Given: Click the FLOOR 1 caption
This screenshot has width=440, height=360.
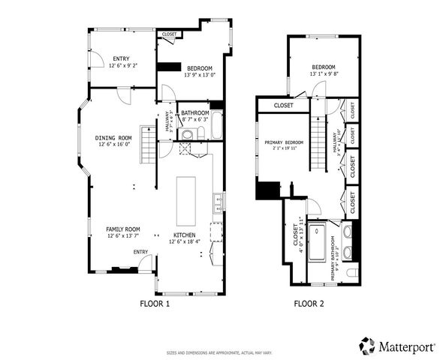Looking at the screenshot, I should tap(155, 304).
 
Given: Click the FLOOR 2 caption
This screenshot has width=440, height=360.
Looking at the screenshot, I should tap(309, 304).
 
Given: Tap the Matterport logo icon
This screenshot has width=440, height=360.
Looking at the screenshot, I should tap(367, 346).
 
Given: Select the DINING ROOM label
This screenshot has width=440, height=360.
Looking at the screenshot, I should tap(113, 138).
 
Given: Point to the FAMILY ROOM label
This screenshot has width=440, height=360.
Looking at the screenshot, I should tap(122, 229).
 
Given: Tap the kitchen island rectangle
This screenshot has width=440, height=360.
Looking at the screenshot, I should tap(185, 200).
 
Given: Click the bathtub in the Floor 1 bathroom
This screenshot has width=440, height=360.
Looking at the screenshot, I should tap(216, 125).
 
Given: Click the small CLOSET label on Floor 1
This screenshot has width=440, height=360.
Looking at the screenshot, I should tap(169, 34).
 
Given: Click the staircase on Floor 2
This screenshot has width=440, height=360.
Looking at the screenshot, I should tap(321, 139).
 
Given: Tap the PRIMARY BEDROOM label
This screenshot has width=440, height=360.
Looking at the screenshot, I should tap(284, 142).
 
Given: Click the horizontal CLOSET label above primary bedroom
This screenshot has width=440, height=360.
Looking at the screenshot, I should tap(284, 106).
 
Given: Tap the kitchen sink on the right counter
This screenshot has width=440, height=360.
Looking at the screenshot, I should tap(216, 200).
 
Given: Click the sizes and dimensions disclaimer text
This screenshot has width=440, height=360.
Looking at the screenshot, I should tap(219, 352).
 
